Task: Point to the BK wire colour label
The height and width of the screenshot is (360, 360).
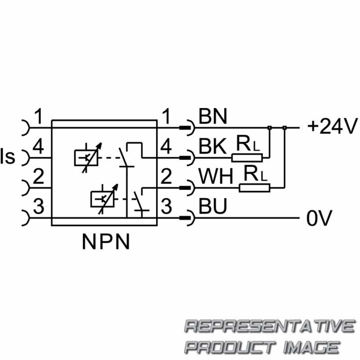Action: click(x=213, y=147)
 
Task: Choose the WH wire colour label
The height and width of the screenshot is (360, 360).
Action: click(x=216, y=177)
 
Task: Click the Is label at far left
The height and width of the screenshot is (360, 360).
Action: click(x=8, y=157)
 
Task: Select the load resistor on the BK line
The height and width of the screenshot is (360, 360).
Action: click(x=247, y=157)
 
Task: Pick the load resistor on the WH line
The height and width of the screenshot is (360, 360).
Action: click(x=254, y=188)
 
